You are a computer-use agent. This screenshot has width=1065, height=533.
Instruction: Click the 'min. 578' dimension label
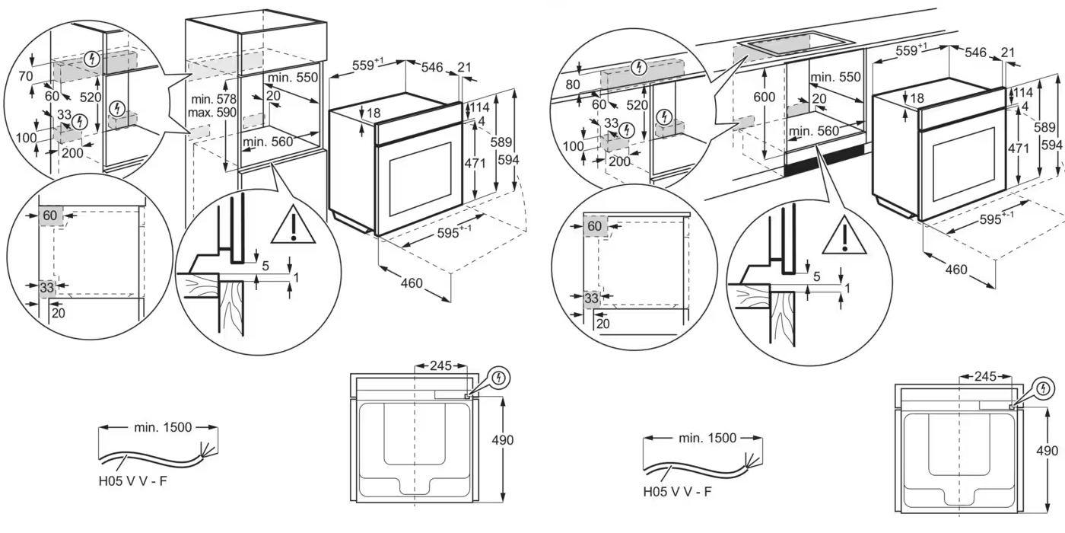pyautogui.click(x=215, y=99)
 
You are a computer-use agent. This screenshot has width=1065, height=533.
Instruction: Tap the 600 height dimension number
pyautogui.click(x=765, y=97)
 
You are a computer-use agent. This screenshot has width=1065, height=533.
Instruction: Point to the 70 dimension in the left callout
pyautogui.click(x=27, y=77)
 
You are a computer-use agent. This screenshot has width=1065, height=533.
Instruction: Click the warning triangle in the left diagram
pyautogui.click(x=292, y=225)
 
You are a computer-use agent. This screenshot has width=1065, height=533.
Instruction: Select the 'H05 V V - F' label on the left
pyautogui.click(x=132, y=481)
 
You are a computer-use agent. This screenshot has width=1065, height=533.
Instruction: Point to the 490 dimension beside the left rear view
pyautogui.click(x=502, y=440)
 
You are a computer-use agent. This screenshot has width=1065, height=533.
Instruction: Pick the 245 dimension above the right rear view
pyautogui.click(x=985, y=377)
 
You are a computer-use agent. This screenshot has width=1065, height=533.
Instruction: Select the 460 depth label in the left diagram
pyautogui.click(x=411, y=283)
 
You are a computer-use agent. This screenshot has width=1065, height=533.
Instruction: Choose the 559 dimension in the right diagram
pyautogui.click(x=911, y=51)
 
